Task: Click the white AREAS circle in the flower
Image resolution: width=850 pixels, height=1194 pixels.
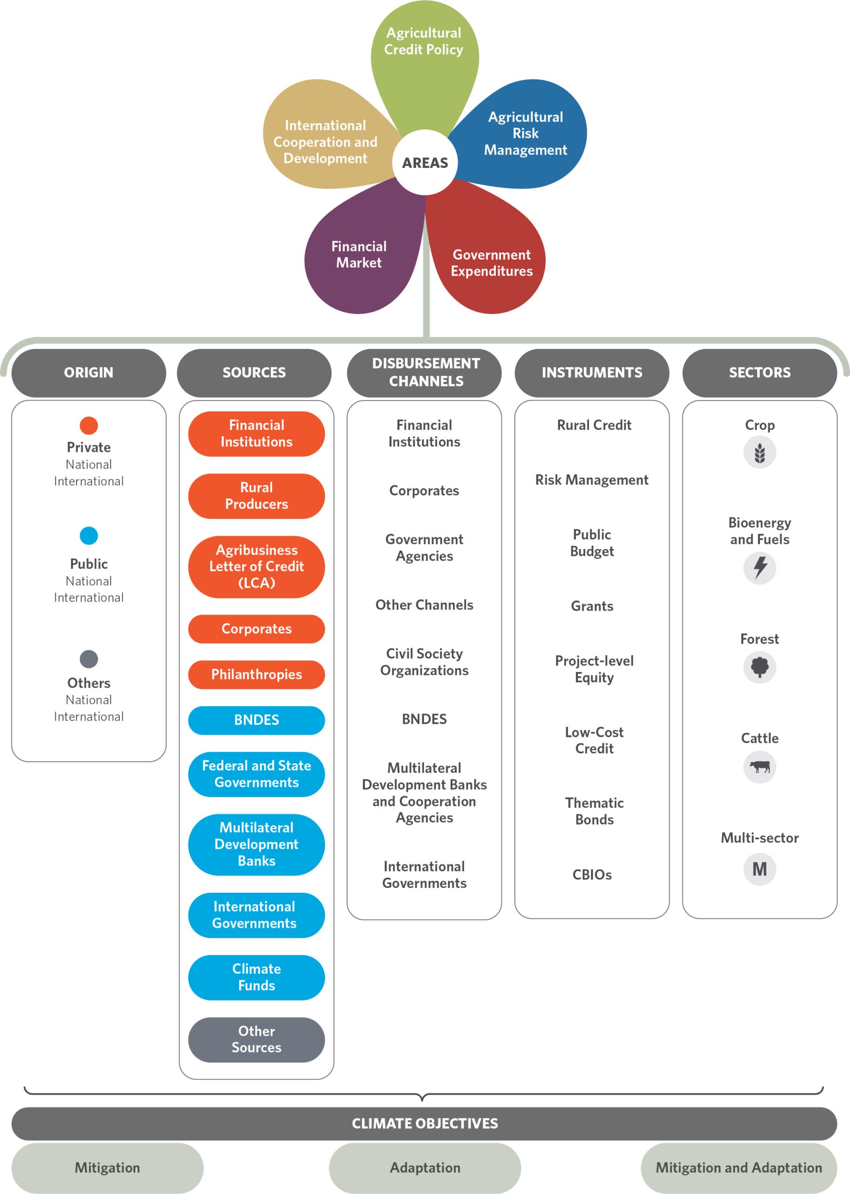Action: pyautogui.click(x=425, y=162)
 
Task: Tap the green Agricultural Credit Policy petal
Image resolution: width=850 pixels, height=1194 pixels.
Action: pyautogui.click(x=425, y=58)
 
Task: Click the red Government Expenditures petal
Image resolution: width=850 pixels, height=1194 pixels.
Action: pyautogui.click(x=489, y=257)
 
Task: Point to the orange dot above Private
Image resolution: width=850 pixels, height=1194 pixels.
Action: pyautogui.click(x=89, y=425)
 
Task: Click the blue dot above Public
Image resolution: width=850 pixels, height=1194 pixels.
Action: pyautogui.click(x=89, y=535)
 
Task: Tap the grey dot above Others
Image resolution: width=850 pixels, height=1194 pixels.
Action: pyautogui.click(x=89, y=659)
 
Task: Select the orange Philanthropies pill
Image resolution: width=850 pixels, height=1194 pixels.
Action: pyautogui.click(x=256, y=674)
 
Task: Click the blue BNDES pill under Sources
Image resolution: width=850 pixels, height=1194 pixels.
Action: pyautogui.click(x=256, y=720)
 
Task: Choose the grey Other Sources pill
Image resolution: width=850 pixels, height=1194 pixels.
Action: pyautogui.click(x=256, y=1040)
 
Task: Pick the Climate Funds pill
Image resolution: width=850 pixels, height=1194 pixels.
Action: pyautogui.click(x=256, y=977)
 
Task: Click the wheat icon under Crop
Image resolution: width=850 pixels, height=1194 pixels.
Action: pyautogui.click(x=760, y=452)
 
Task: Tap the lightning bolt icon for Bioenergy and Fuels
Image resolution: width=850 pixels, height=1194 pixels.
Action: pyautogui.click(x=760, y=568)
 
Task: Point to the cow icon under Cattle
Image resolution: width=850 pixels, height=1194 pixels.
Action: pyautogui.click(x=760, y=767)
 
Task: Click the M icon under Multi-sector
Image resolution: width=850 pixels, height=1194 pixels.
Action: pyautogui.click(x=760, y=869)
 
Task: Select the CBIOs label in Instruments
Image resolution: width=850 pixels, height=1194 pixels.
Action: pyautogui.click(x=592, y=875)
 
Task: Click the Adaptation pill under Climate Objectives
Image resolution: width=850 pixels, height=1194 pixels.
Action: pyautogui.click(x=425, y=1168)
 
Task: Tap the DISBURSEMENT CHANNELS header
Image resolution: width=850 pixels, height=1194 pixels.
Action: pyautogui.click(x=425, y=373)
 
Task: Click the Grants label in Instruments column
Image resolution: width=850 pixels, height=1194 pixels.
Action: pyautogui.click(x=592, y=606)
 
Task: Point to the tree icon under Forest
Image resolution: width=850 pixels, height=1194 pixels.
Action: pyautogui.click(x=760, y=667)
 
